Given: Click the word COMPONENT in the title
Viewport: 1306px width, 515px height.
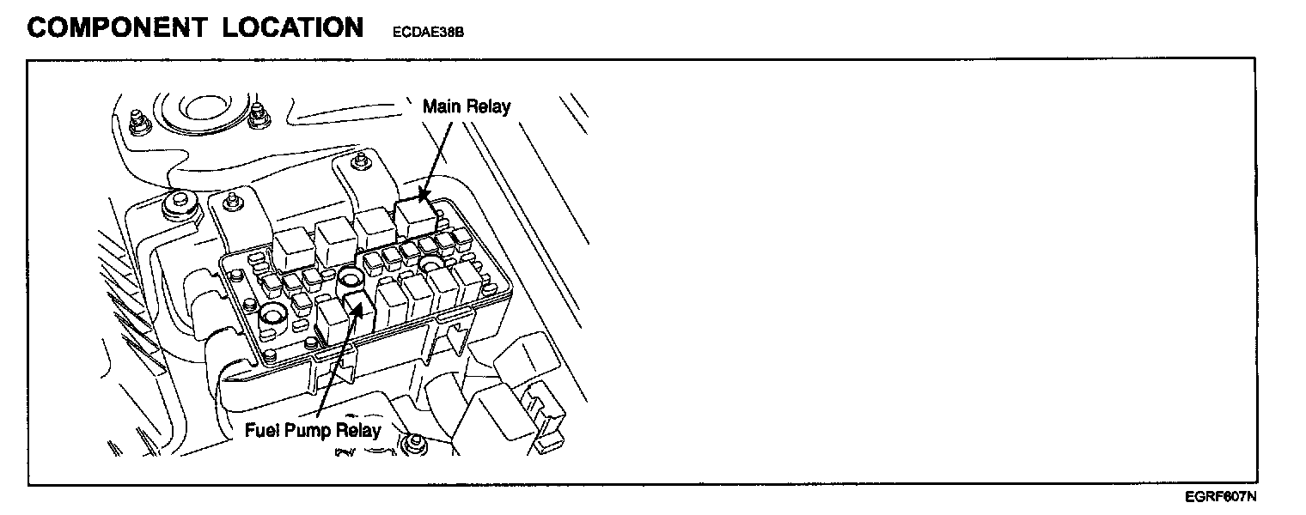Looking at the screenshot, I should point(115,27).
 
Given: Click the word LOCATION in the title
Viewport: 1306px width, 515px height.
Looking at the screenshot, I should point(292,27).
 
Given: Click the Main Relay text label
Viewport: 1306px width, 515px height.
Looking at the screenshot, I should point(466,106).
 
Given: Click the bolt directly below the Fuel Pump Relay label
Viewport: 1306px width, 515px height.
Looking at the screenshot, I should point(416,444).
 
